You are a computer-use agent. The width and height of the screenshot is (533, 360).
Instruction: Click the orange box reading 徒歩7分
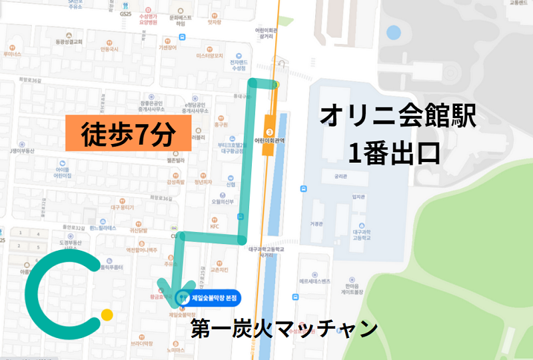[127, 133]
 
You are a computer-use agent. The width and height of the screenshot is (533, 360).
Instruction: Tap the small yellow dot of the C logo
[107, 314]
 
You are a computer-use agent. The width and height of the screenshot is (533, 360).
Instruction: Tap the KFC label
[215, 227]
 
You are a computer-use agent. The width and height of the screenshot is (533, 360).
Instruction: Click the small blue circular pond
[394, 31]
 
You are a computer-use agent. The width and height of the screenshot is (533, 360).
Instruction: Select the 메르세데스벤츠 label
[314, 282]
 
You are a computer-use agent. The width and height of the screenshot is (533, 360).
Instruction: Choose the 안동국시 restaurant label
[109, 49]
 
